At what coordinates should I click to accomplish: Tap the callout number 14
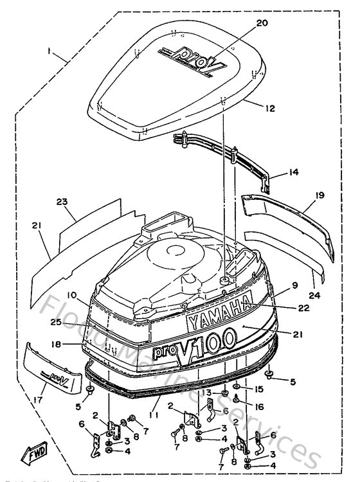click(x=294, y=173)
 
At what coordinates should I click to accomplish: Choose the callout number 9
click(x=294, y=285)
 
